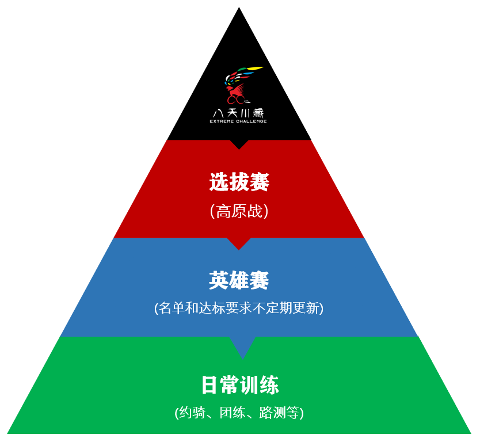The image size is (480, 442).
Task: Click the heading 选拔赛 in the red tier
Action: [239, 183]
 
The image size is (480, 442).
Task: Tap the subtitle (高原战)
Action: [239, 211]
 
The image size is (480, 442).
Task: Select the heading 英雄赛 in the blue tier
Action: [239, 281]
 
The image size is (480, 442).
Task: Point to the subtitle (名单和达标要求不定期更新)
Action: [239, 308]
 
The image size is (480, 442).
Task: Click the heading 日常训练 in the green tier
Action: [240, 385]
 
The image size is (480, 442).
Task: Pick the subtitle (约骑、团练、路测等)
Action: [239, 413]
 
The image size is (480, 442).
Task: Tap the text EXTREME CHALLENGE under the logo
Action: [239, 121]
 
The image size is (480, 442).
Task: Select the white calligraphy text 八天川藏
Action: [239, 113]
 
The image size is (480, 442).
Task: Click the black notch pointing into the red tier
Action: [239, 144]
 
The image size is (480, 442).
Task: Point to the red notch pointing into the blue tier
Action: [239, 243]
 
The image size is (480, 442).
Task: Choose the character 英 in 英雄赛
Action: [219, 281]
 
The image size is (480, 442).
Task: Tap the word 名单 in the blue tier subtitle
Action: [172, 308]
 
